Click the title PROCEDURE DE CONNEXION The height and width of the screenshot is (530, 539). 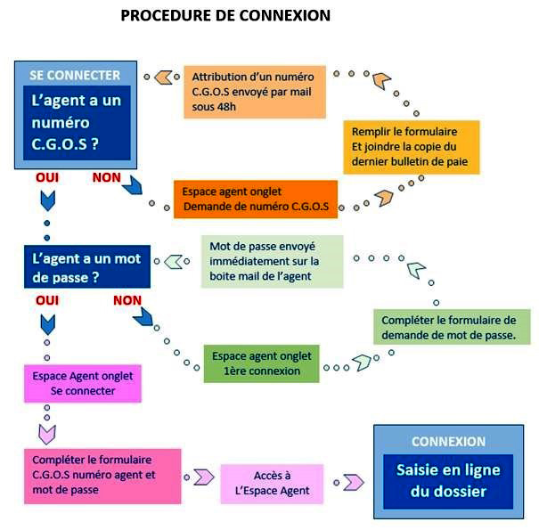[x=225, y=15]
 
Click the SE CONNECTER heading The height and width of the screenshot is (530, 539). [x=75, y=76]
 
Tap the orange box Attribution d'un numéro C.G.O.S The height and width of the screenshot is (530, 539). [x=252, y=93]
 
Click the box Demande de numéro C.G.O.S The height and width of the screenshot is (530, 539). [x=256, y=200]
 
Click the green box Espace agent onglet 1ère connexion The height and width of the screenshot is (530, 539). [x=261, y=363]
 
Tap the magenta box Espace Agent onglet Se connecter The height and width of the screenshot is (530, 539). [x=82, y=383]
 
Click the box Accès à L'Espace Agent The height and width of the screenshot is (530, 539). [x=272, y=484]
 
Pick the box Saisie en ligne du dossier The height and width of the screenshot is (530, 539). [x=448, y=480]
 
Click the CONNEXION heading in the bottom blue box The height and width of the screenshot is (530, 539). [x=448, y=442]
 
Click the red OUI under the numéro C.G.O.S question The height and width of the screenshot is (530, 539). [x=46, y=177]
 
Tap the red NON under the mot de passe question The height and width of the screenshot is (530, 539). [x=127, y=300]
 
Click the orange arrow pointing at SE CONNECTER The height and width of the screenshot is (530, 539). [x=163, y=77]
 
